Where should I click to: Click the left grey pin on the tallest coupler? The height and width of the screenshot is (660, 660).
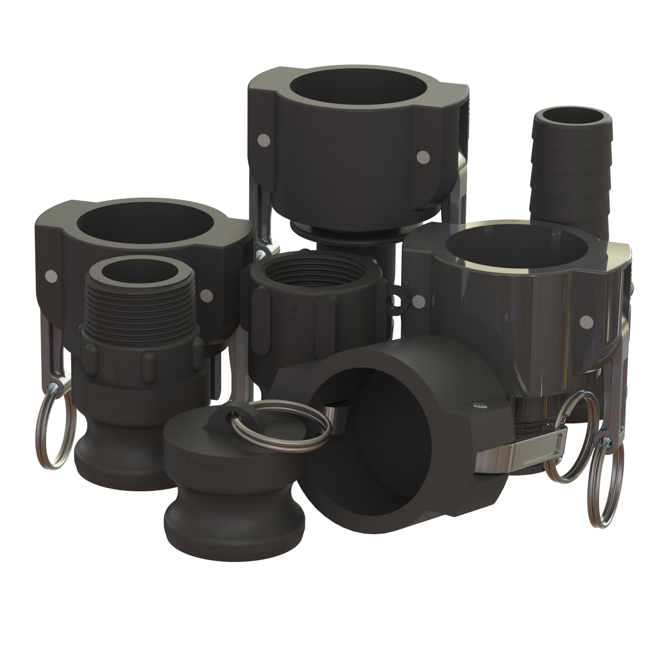pyautogui.click(x=264, y=140)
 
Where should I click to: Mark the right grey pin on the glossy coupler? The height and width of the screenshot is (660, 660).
pyautogui.click(x=586, y=322)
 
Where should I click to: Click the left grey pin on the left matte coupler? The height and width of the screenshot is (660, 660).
pyautogui.click(x=50, y=275)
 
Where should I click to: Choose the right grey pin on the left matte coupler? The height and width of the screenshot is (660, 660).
pyautogui.click(x=206, y=296)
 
